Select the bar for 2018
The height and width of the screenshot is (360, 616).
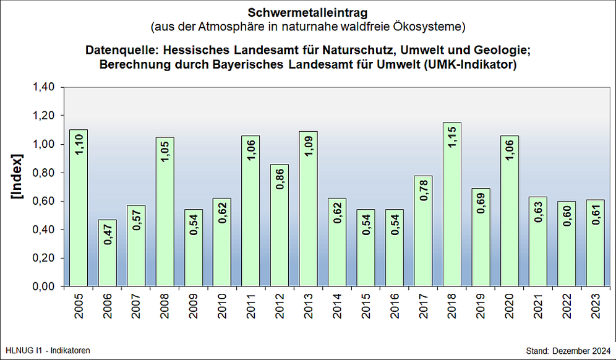[x=452, y=204]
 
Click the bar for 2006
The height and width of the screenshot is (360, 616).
[x=108, y=253]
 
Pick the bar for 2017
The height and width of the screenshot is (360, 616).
[x=423, y=231]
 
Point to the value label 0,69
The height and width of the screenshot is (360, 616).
[x=481, y=203]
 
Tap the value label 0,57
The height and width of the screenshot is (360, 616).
[x=137, y=220]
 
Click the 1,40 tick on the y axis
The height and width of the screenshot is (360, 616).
[x=45, y=87]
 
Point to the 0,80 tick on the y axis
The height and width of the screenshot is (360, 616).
[x=45, y=173]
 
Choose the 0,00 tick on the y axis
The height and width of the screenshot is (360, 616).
[x=45, y=287]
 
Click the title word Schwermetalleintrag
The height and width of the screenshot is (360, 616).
[x=307, y=12]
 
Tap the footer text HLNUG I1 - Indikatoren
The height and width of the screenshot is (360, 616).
[x=48, y=351]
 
